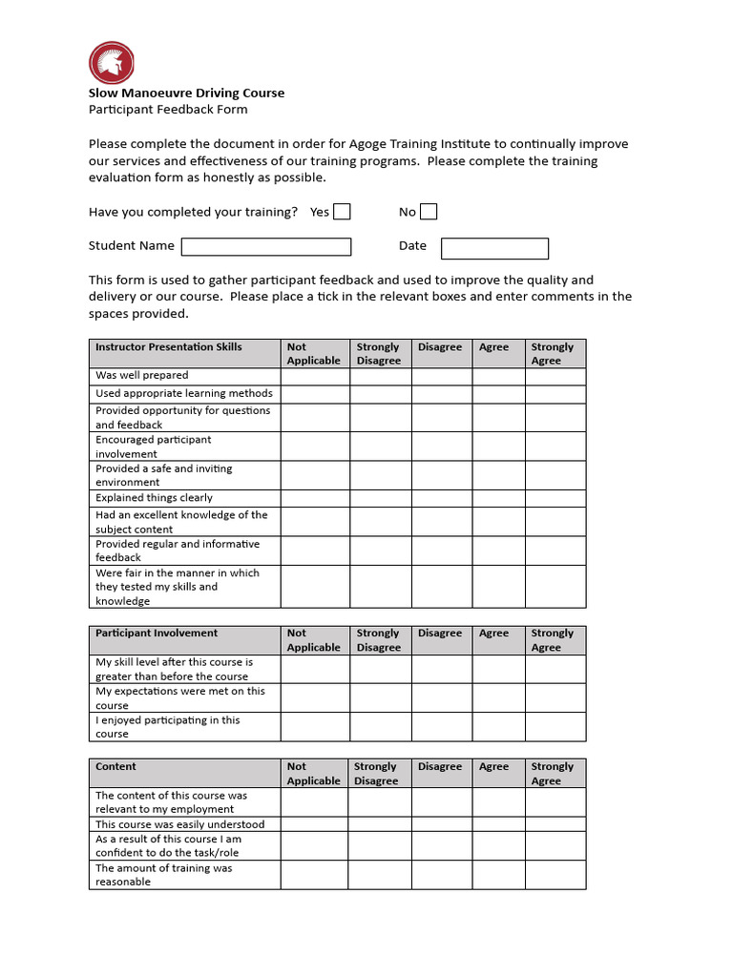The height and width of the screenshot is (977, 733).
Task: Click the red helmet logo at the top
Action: pyautogui.click(x=112, y=63)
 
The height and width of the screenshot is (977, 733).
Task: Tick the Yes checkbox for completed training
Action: pyautogui.click(x=342, y=212)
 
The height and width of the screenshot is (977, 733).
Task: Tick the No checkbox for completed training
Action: pyautogui.click(x=429, y=212)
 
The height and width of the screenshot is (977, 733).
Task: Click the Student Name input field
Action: pyautogui.click(x=266, y=247)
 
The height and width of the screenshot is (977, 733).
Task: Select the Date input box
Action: pyautogui.click(x=494, y=249)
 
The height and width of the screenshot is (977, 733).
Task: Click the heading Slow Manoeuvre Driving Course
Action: pyautogui.click(x=186, y=93)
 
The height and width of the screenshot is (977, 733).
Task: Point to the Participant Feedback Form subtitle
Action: pyautogui.click(x=168, y=109)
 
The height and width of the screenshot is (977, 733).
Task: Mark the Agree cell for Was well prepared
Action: pyautogui.click(x=498, y=376)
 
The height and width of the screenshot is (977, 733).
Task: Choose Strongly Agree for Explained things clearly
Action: pyautogui.click(x=555, y=498)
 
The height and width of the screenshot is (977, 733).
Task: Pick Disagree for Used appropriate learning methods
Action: pyautogui.click(x=441, y=393)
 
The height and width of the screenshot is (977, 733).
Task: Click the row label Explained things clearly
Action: pyautogui.click(x=154, y=498)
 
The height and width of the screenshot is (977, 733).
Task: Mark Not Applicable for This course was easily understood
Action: pyautogui.click(x=314, y=824)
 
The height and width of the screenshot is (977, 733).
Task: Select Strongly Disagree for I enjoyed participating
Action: pyautogui.click(x=380, y=727)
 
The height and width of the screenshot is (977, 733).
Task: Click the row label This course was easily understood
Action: pyautogui.click(x=179, y=824)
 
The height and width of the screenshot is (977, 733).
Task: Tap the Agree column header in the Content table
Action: pyautogui.click(x=494, y=767)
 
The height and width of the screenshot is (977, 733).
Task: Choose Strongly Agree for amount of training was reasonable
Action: pyautogui.click(x=555, y=875)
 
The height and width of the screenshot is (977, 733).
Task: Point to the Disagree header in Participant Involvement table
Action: pyautogui.click(x=440, y=634)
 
